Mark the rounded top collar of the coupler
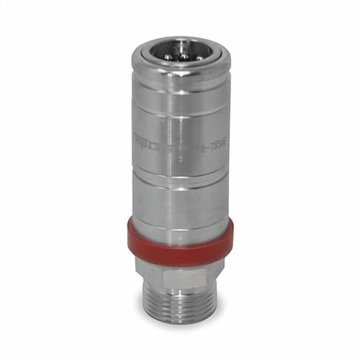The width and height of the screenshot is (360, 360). point(181,65)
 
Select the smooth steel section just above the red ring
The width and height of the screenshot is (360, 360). point(181,206)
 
